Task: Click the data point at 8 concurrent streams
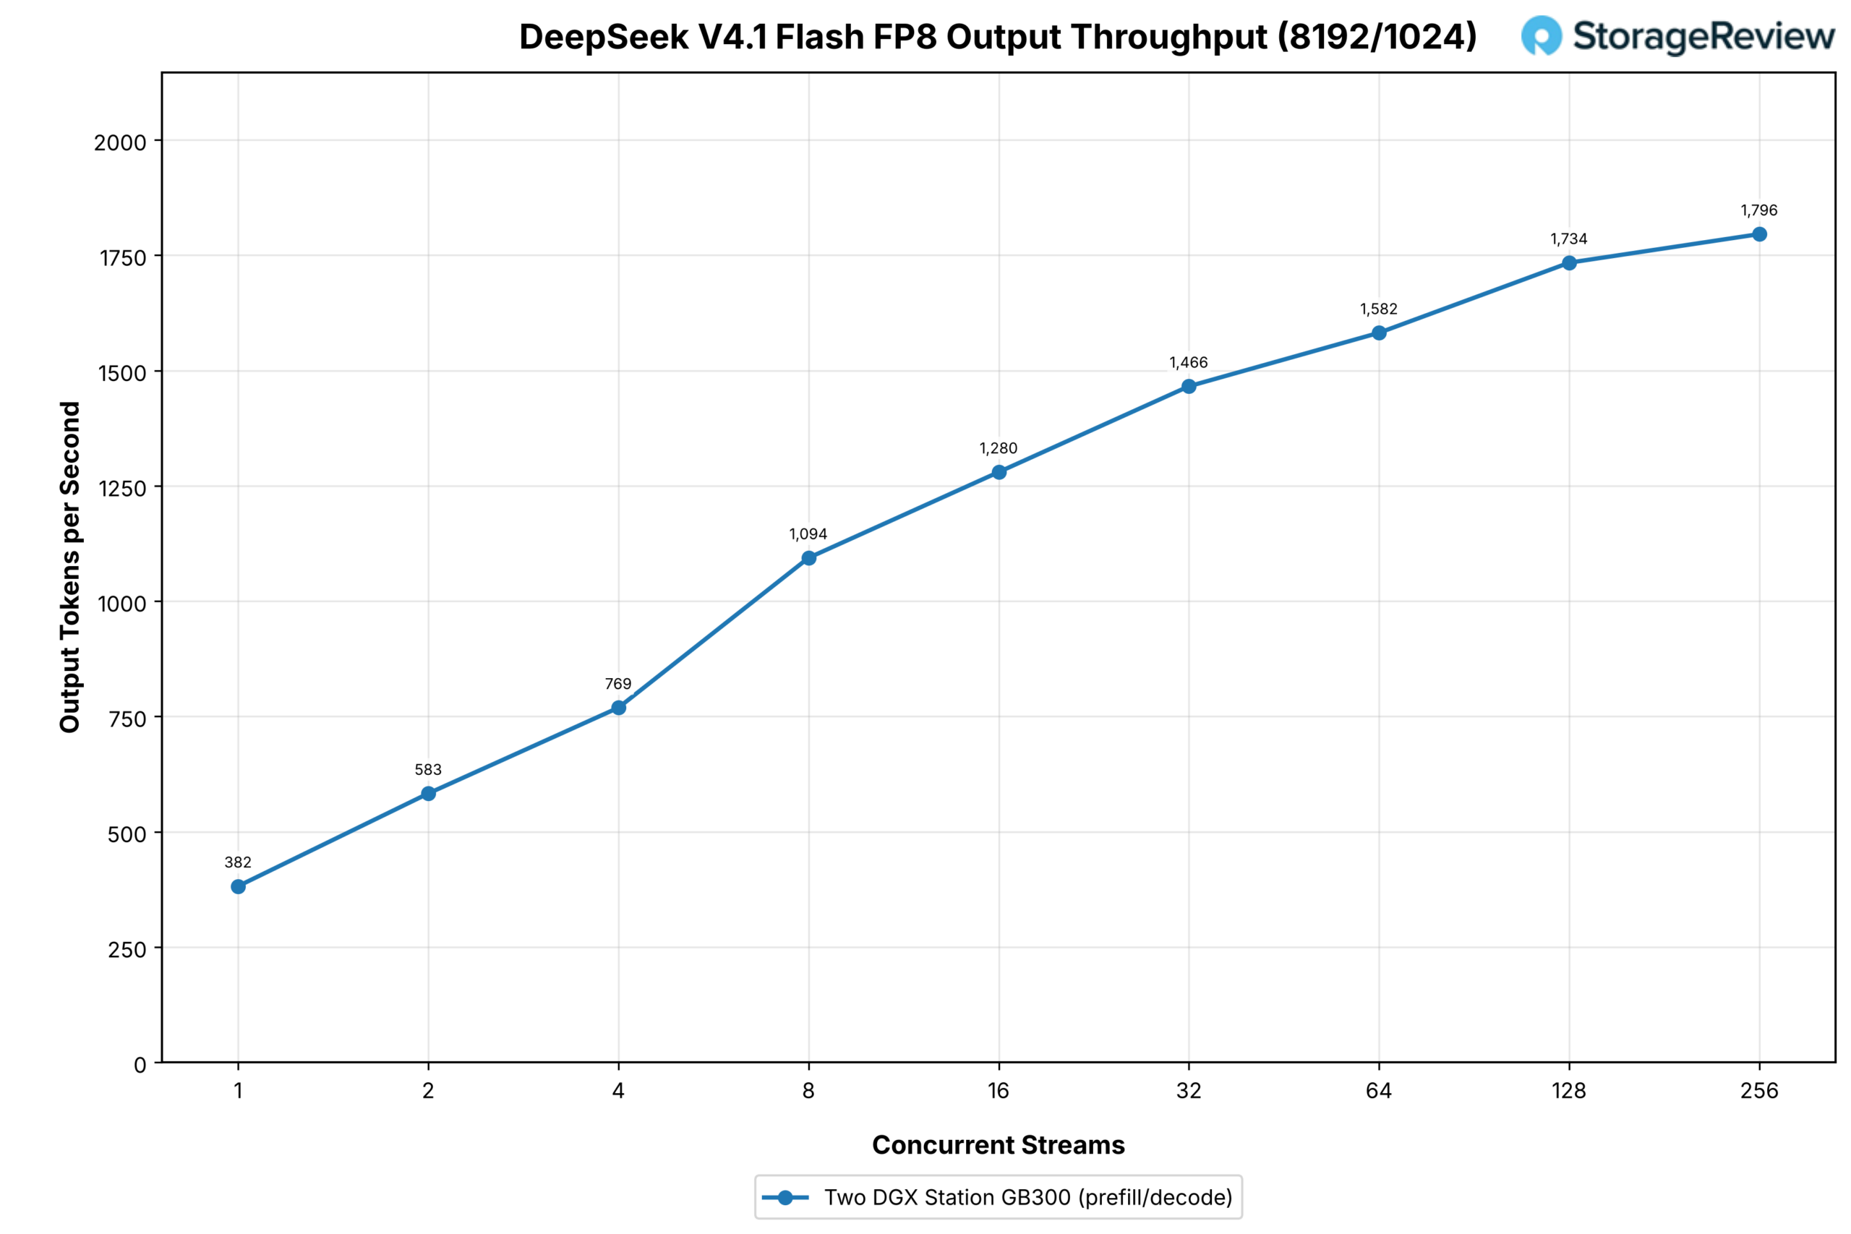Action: (808, 558)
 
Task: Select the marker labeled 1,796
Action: (1759, 234)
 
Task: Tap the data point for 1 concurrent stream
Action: (239, 887)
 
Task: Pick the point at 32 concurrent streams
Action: (1189, 387)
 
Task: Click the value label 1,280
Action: (998, 449)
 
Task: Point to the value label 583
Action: (428, 770)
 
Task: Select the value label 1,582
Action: (1378, 309)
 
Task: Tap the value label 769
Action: (617, 684)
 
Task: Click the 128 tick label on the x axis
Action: (1568, 1091)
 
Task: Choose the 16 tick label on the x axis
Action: (998, 1091)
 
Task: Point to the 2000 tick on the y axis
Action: (119, 142)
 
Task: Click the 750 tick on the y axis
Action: (127, 719)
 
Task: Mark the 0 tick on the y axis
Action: (140, 1065)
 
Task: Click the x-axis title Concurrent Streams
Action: (998, 1145)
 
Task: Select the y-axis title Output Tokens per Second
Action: (70, 567)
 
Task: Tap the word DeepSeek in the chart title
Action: (604, 37)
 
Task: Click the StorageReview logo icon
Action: (1541, 35)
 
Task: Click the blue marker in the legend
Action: (785, 1198)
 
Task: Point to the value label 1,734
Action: (1568, 239)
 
